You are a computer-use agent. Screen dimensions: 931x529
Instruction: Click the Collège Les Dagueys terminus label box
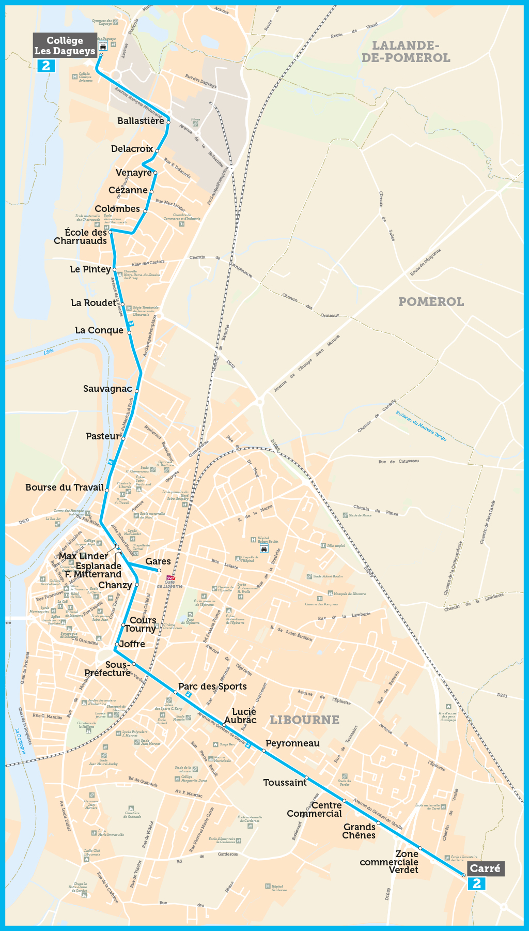point(65,45)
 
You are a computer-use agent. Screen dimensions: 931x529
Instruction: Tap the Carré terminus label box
point(485,868)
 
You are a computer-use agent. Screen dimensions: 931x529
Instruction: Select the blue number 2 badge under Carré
point(476,883)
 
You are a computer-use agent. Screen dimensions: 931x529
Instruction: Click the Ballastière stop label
point(141,121)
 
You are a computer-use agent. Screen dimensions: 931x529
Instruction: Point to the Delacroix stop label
point(132,149)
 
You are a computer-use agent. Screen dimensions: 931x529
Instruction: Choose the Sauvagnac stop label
point(107,389)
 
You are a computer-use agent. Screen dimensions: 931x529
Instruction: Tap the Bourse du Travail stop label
point(65,487)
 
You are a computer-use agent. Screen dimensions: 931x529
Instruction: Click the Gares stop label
point(158,561)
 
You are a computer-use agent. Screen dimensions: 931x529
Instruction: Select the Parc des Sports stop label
point(212,686)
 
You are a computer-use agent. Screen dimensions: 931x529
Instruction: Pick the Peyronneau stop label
point(292,743)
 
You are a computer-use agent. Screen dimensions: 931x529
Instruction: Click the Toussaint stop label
point(285,783)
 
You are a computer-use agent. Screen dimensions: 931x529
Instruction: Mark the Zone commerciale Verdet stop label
point(390,862)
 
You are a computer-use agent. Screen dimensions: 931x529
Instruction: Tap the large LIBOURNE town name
point(305,720)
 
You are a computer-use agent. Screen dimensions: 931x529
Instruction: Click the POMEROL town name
point(431,302)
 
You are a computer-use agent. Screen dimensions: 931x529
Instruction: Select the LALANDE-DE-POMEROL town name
point(406,52)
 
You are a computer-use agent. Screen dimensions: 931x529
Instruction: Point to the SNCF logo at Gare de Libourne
point(170,578)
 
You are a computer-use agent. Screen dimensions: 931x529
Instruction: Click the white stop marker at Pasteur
point(123,438)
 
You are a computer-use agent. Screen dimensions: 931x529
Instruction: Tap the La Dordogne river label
point(20,741)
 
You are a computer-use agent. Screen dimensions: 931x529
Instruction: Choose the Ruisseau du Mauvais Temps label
point(421,426)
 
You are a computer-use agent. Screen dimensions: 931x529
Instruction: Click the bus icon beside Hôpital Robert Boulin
point(264,548)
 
